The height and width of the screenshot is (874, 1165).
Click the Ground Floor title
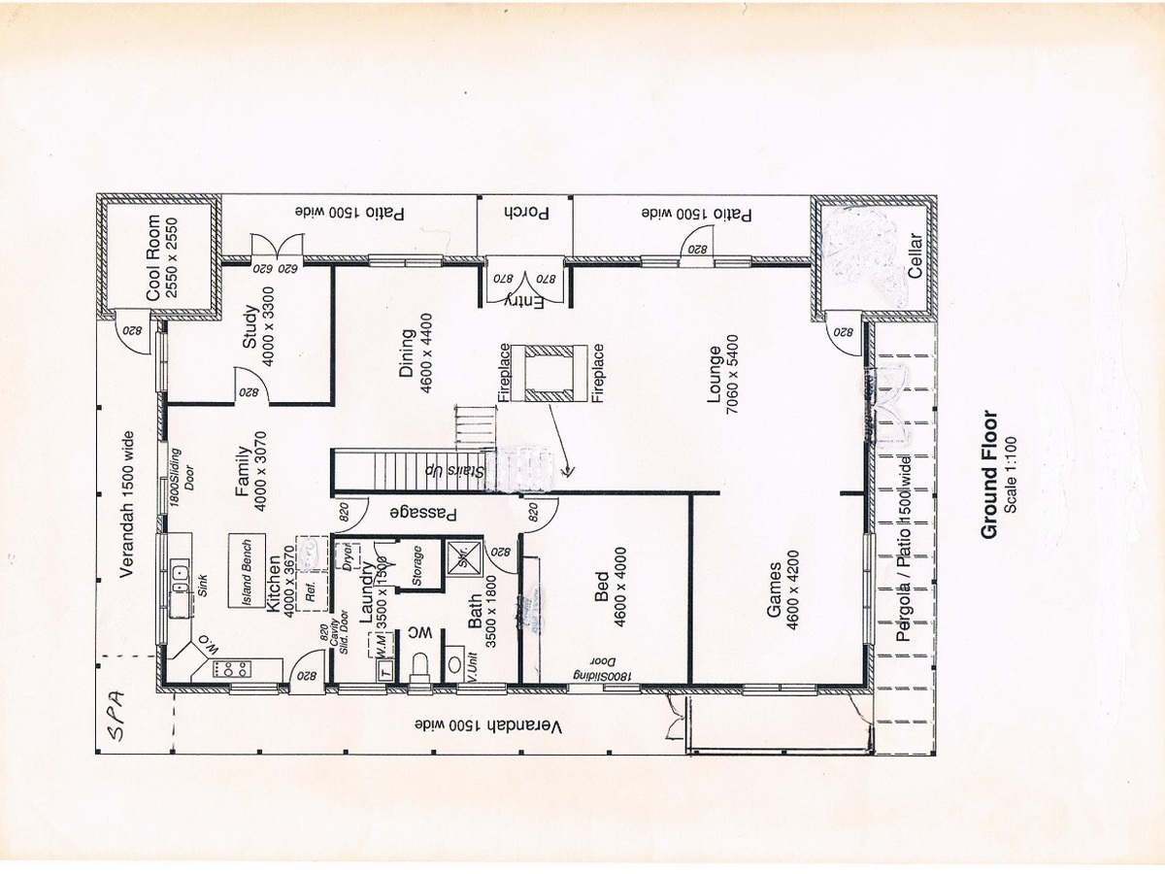pos(989,475)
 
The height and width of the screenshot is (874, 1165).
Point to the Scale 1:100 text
pos(1012,475)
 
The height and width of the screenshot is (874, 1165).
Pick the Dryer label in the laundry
pos(347,559)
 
